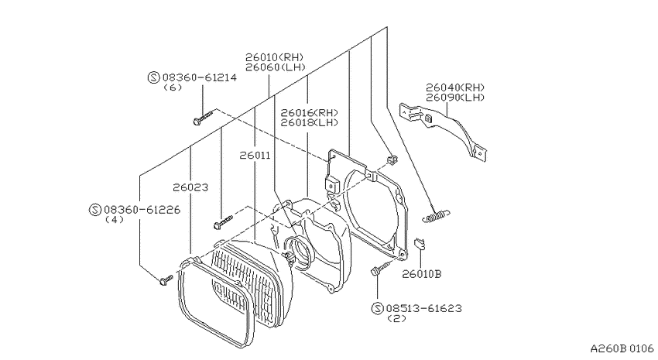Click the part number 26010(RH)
click(x=275, y=57)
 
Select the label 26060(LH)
click(x=276, y=67)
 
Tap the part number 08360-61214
click(x=199, y=77)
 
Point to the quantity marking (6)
click(x=173, y=87)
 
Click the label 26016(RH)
click(x=310, y=112)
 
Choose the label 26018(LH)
click(x=310, y=122)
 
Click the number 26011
click(x=255, y=156)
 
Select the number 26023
click(x=190, y=187)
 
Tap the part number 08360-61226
click(x=142, y=209)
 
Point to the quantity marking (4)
click(x=114, y=219)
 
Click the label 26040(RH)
click(x=455, y=87)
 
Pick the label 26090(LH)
click(x=455, y=98)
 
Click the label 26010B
click(x=422, y=274)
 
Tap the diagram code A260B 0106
click(x=622, y=348)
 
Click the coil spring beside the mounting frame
click(x=436, y=216)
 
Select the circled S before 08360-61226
click(x=95, y=210)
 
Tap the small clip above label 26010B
click(x=420, y=243)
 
